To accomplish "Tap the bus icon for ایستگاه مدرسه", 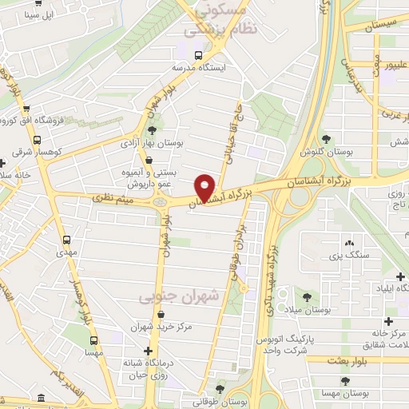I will point(197,54).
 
